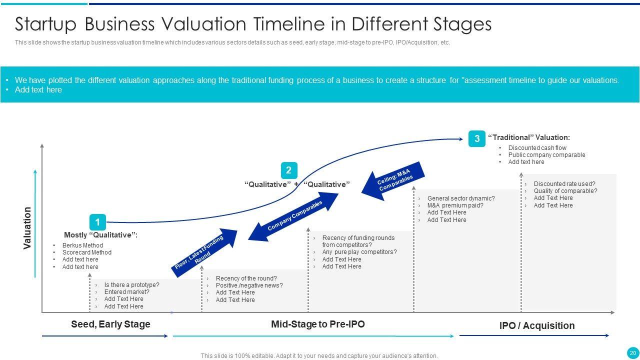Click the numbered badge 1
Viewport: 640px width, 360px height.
coord(97,222)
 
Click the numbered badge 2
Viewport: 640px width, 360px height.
coord(289,170)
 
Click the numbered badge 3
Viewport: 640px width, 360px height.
coord(477,138)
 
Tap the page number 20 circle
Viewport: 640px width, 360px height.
coord(632,353)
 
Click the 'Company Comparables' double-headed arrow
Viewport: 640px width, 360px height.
coord(293,216)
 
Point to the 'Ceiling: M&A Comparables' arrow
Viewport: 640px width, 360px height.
coord(393,181)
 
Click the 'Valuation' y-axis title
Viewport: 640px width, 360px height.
coord(27,228)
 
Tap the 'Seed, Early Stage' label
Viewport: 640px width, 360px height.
coord(110,324)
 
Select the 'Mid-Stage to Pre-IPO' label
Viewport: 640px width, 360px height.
coord(317,324)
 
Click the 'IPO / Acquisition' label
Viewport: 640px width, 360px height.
coord(537,325)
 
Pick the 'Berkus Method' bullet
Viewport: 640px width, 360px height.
coord(82,245)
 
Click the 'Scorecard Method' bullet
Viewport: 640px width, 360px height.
coord(87,252)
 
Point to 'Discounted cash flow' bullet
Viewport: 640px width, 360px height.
coord(537,147)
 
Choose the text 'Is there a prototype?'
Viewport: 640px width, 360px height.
coord(131,285)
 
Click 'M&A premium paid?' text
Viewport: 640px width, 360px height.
coord(455,205)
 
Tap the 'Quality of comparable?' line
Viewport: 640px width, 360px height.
coord(565,191)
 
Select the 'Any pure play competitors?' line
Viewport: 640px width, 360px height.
coord(359,251)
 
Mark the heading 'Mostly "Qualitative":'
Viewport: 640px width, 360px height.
coord(100,235)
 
